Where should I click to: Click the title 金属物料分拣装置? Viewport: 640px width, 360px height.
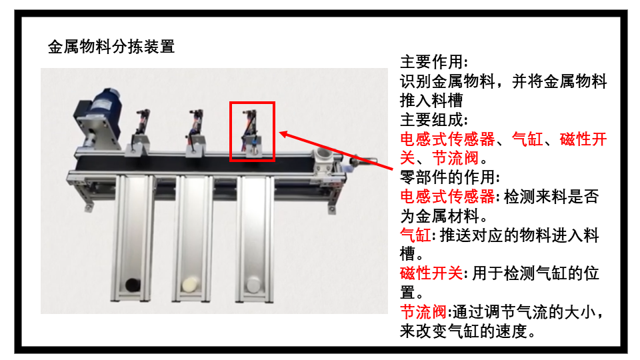tap(111, 47)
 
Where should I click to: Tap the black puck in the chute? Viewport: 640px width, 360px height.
tap(133, 285)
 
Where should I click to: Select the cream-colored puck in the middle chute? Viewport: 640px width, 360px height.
tap(191, 284)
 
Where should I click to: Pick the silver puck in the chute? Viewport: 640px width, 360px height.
tap(253, 284)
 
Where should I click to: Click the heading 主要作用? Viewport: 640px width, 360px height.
tap(434, 62)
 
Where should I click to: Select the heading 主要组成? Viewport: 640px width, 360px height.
tap(434, 120)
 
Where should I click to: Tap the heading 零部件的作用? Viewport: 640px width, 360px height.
tap(450, 177)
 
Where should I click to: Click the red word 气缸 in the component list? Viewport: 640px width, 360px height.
tap(527, 139)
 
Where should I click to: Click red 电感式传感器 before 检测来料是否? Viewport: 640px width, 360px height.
tap(447, 196)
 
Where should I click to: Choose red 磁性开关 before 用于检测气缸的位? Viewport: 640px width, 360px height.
tap(431, 273)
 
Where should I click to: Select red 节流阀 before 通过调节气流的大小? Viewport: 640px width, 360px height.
tap(423, 312)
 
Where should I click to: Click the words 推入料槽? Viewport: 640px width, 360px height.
tap(431, 101)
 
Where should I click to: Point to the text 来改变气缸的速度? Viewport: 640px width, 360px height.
tap(463, 331)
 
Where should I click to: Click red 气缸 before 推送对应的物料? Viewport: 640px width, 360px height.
tap(415, 235)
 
